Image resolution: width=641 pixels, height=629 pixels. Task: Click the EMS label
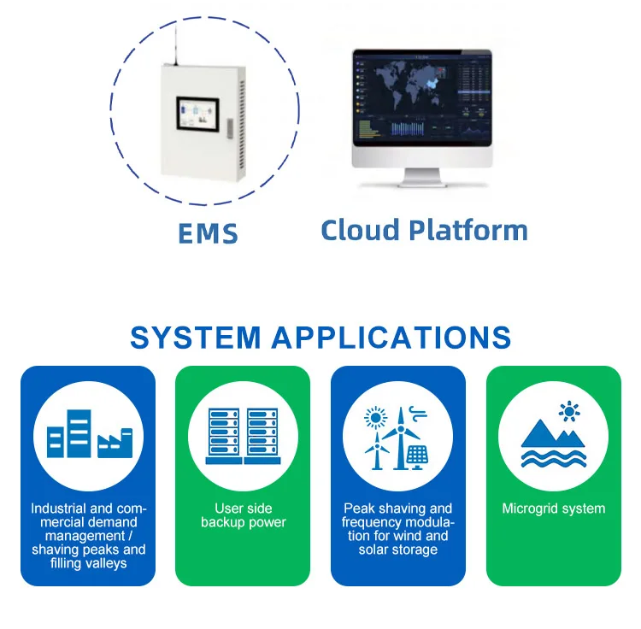coord(208,232)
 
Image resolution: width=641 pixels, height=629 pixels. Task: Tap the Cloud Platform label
coord(424,230)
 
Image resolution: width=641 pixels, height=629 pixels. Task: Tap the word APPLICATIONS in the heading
coord(391,337)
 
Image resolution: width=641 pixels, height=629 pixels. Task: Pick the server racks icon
coord(243,435)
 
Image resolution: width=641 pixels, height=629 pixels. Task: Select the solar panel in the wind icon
coord(417,456)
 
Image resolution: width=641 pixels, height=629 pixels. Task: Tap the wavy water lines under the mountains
coord(553,462)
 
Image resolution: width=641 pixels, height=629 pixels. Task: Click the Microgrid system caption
coord(553,508)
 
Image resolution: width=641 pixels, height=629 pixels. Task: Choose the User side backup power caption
coord(243,515)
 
